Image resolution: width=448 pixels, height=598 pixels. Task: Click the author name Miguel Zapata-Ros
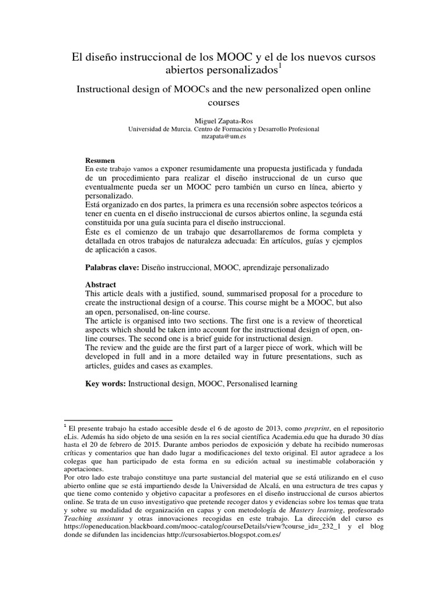coord(223,119)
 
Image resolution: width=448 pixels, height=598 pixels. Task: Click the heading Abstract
coord(101,284)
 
